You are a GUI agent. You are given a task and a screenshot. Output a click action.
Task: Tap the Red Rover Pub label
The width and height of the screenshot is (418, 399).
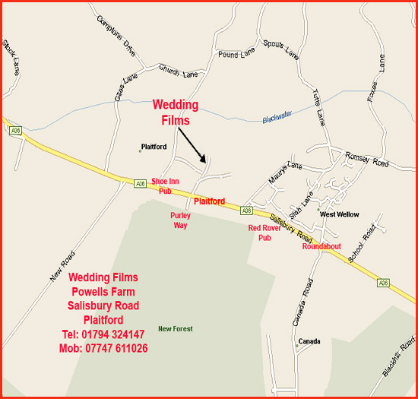[264, 233]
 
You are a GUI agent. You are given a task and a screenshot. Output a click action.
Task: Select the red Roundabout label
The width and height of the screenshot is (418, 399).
[321, 246]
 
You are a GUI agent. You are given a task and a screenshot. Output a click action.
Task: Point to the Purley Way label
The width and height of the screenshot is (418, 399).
[180, 220]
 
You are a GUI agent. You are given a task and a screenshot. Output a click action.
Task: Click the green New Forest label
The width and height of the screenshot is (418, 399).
[175, 329]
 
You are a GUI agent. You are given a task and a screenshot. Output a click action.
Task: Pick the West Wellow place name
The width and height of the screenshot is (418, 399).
[339, 215]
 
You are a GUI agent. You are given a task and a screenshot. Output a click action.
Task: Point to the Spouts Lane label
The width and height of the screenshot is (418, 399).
[281, 49]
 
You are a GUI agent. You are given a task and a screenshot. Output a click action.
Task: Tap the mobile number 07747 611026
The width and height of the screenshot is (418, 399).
[103, 348]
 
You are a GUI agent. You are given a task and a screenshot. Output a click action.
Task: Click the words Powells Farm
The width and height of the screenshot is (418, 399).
[103, 292]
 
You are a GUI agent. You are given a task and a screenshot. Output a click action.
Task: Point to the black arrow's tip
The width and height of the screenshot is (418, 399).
[206, 161]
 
